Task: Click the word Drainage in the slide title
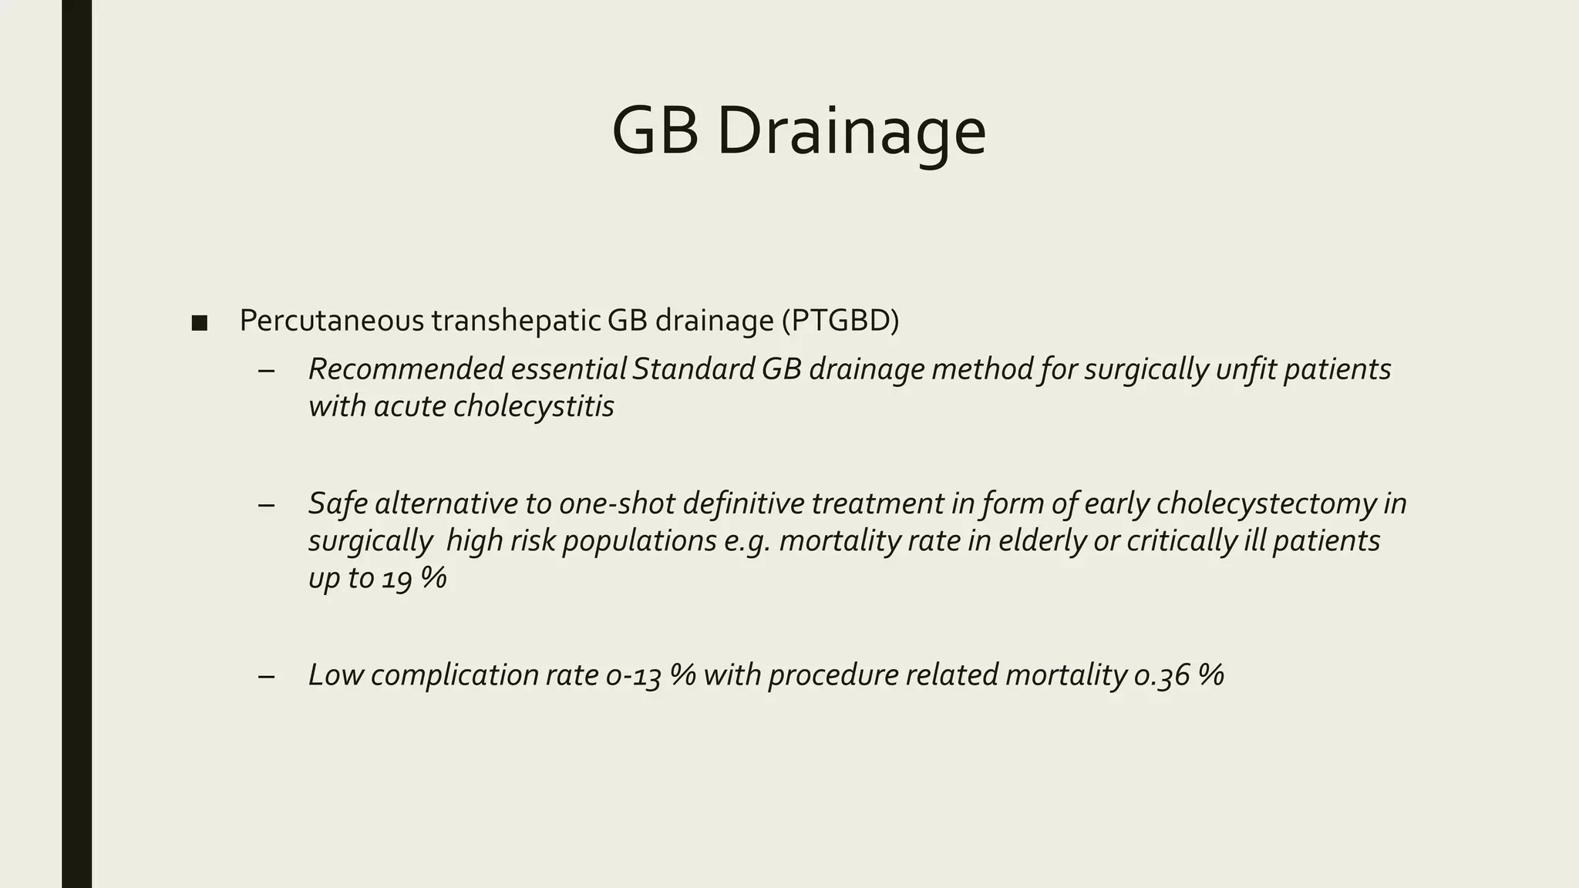click(x=851, y=132)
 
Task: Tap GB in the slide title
click(x=655, y=132)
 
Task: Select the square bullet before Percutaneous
click(x=199, y=323)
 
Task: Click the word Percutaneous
click(x=332, y=321)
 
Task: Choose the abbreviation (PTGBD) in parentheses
click(x=840, y=321)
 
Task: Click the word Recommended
click(x=406, y=369)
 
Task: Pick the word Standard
click(x=693, y=369)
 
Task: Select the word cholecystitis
click(x=534, y=406)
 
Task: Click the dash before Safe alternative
click(x=267, y=505)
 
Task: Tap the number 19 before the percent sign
click(x=397, y=578)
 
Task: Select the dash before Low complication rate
click(x=267, y=676)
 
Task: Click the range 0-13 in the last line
click(x=634, y=675)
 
